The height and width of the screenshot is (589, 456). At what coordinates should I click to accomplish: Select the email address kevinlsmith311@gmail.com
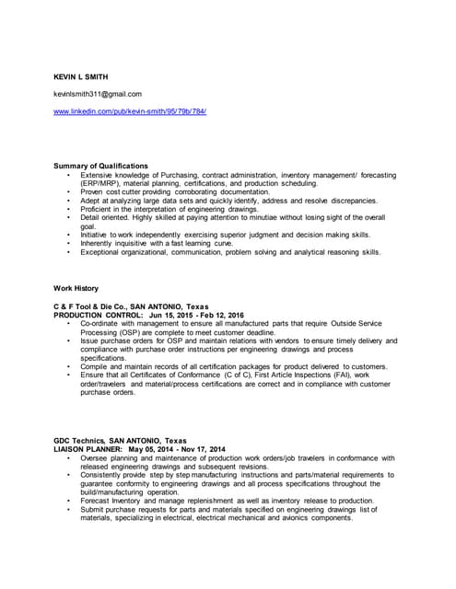(x=98, y=94)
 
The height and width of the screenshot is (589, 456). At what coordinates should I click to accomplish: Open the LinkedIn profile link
(x=130, y=111)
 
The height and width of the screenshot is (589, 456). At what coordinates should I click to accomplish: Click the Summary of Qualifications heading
(x=100, y=166)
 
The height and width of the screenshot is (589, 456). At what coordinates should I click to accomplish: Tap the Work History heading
(x=76, y=288)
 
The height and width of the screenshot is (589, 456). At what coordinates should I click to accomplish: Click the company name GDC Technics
(x=79, y=441)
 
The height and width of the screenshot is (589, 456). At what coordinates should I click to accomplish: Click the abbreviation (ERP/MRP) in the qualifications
(x=103, y=183)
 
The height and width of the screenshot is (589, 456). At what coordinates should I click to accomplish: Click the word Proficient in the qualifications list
(x=99, y=209)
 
